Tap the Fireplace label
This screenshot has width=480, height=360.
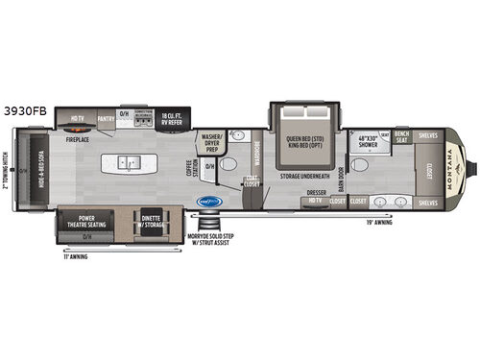click(79, 137)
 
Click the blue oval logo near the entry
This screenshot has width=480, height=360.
click(207, 202)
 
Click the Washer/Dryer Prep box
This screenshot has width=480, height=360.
click(209, 144)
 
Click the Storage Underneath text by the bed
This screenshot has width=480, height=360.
click(304, 177)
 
